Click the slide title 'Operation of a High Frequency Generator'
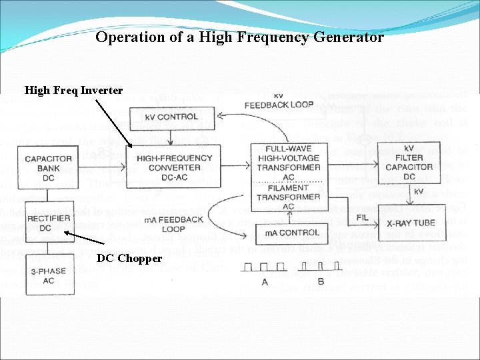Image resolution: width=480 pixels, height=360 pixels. [x=239, y=37]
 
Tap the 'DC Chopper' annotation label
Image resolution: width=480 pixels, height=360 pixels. [x=129, y=258]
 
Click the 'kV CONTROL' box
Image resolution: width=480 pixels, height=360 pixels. [x=173, y=117]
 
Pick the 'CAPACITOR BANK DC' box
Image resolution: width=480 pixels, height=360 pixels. [x=49, y=163]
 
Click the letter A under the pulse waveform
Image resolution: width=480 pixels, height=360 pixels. [x=265, y=281]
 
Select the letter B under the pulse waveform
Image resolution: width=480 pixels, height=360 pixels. [x=320, y=281]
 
